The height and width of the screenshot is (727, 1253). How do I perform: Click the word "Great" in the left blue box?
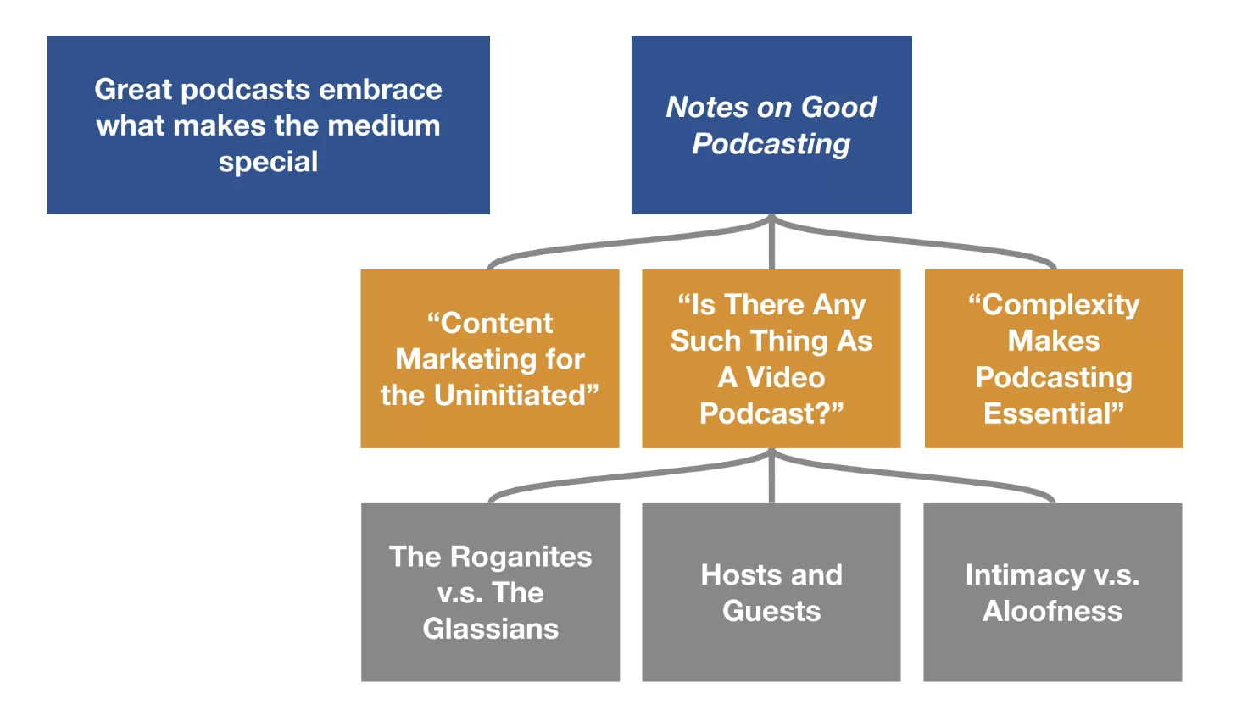(x=132, y=89)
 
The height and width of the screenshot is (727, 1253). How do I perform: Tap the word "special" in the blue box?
(x=268, y=161)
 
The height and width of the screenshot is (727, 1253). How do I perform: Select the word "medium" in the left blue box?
(x=384, y=125)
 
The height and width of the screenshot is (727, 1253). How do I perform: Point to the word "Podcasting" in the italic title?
(x=771, y=143)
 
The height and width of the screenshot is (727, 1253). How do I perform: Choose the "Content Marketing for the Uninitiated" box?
(x=490, y=358)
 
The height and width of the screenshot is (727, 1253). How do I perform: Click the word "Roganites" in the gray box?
(x=521, y=557)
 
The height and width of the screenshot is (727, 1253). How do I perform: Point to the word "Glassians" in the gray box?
(x=491, y=629)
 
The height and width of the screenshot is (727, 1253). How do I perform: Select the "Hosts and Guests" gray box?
(x=771, y=592)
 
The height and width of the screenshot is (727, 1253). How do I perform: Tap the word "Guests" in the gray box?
(x=771, y=611)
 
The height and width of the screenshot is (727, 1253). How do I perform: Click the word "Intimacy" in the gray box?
(x=1024, y=575)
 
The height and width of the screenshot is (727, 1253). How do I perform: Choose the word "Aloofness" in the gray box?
(x=1052, y=611)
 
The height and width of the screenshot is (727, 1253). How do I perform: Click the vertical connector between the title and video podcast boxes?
(x=771, y=246)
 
